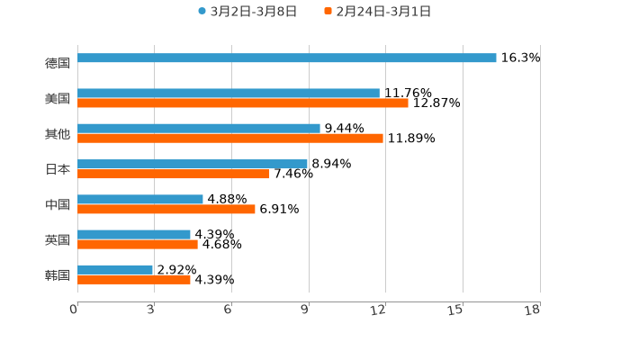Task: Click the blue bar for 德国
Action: point(287,58)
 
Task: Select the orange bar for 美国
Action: point(243,103)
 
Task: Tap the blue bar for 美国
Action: point(229,93)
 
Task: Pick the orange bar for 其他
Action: point(230,139)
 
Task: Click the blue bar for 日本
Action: point(193,164)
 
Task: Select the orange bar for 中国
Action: point(166,209)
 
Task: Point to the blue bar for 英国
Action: point(134,234)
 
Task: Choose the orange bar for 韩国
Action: point(134,280)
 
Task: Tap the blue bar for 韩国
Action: point(115,269)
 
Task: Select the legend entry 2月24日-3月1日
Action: point(382,12)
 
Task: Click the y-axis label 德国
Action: point(58,63)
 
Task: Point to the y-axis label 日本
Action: point(58,169)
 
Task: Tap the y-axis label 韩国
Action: point(58,274)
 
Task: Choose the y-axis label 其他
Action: point(58,134)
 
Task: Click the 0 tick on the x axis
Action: point(75,310)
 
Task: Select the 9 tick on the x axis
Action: point(306,310)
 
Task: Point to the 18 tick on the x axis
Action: point(533,310)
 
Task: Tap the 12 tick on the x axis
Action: point(379,310)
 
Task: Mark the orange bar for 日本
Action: point(174,175)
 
